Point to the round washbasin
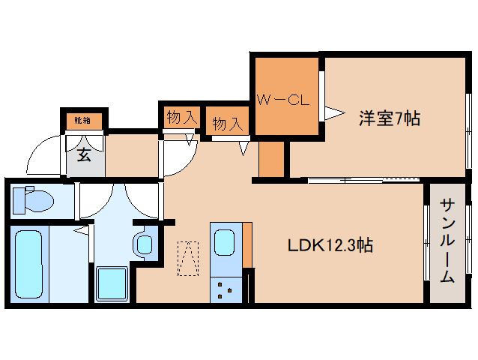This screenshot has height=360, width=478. tap(145, 244)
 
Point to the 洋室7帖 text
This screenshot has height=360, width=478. tap(389, 118)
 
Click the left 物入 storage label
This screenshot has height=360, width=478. tap(181, 117)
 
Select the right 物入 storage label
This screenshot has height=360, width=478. tap(227, 123)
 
